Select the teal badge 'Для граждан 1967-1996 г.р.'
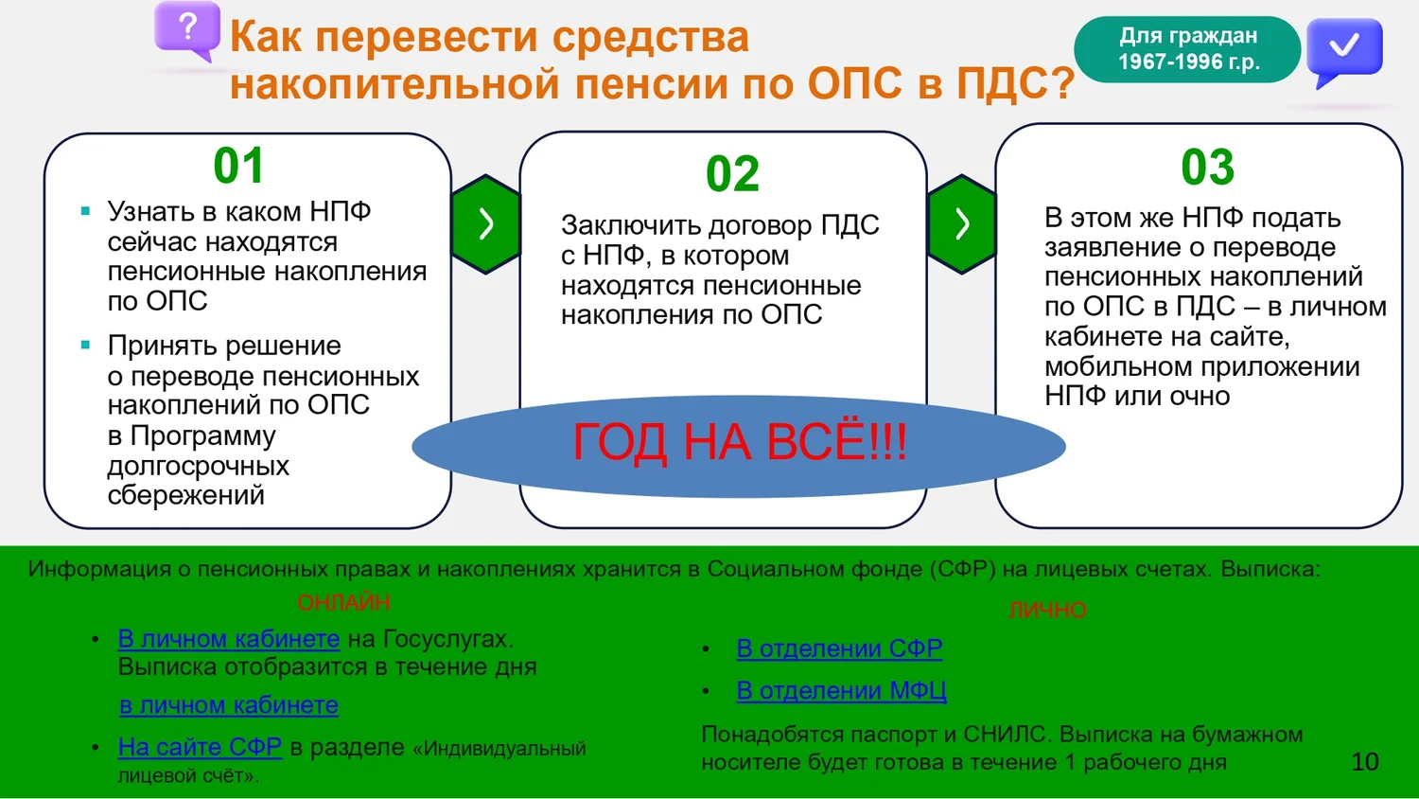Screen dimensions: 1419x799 1187,49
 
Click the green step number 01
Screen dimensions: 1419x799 238,166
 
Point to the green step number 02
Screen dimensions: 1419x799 732,173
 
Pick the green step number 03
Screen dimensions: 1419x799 1207,168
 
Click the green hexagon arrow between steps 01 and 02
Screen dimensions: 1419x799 486,223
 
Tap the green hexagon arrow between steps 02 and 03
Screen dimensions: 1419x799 962,223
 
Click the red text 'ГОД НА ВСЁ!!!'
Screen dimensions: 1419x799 740,442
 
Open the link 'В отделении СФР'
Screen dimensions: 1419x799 839,648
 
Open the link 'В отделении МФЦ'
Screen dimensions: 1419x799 841,690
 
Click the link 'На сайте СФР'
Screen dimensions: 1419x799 200,746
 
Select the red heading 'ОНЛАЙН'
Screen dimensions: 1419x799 343,602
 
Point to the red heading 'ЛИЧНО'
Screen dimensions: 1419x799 1048,610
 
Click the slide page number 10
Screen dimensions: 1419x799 1365,761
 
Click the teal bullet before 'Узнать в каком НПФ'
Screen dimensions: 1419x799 85,211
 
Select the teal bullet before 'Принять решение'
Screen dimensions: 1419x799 85,345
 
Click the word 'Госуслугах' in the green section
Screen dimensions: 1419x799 447,639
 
